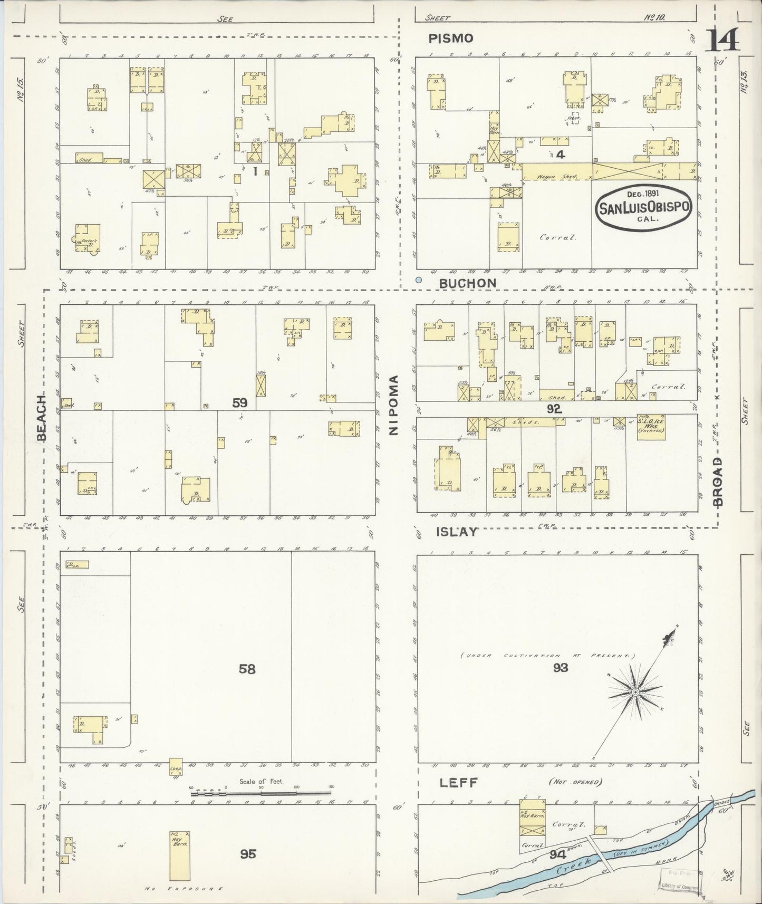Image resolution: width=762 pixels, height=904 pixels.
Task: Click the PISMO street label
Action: tap(450, 38)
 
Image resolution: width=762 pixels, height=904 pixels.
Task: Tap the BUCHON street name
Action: tap(468, 283)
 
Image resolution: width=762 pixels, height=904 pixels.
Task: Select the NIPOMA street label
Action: tap(393, 405)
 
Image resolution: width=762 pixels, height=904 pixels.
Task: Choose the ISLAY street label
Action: tap(457, 532)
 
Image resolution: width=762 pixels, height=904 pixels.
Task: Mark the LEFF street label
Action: tap(458, 783)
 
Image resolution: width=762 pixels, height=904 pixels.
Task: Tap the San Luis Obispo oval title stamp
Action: tap(643, 207)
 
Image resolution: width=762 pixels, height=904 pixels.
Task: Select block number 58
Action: tap(247, 669)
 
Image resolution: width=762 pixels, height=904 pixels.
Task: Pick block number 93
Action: tap(561, 668)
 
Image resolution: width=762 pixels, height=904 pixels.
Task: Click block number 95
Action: tap(248, 853)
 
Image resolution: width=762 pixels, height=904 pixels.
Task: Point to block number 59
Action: tap(240, 403)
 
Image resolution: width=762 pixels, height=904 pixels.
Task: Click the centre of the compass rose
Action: tap(636, 691)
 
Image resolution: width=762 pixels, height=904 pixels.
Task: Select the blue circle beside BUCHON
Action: tap(419, 281)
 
